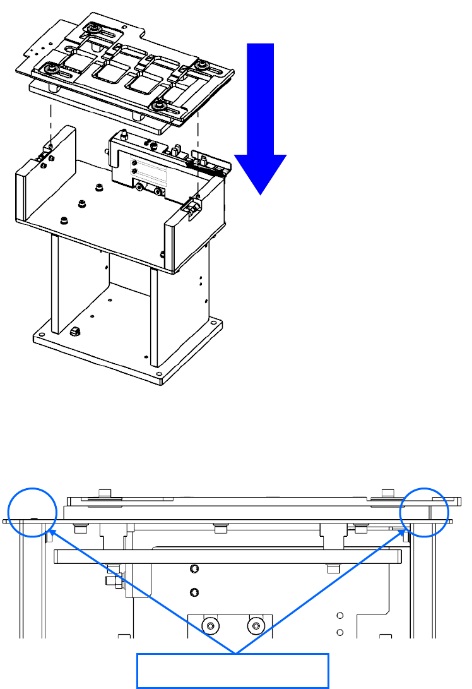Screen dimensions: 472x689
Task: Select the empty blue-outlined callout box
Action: [233, 670]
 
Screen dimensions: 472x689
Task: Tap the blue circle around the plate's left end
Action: [32, 512]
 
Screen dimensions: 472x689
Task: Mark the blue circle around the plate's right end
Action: [425, 512]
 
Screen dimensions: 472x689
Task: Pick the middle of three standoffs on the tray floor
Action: [82, 203]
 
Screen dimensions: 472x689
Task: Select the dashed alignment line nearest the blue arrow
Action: [199, 158]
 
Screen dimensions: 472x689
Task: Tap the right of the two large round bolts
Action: [256, 626]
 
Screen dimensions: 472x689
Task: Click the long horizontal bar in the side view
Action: [227, 556]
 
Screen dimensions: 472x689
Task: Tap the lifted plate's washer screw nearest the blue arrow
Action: [204, 65]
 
